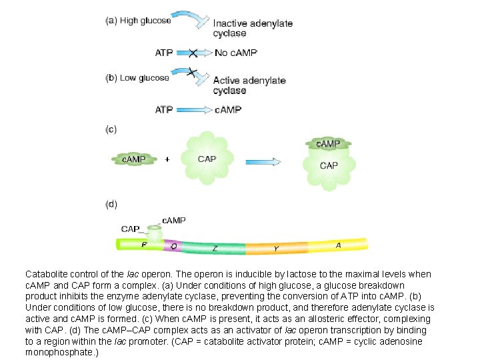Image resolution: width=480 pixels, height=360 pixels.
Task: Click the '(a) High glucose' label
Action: [137, 21]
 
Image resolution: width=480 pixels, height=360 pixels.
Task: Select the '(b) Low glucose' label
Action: [137, 78]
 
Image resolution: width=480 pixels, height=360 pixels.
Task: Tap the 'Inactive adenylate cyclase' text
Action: [253, 28]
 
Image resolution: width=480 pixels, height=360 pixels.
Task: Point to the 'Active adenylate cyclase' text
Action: [249, 85]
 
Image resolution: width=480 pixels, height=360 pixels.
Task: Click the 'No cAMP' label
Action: [235, 52]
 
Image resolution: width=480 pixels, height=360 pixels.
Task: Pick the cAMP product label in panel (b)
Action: [228, 109]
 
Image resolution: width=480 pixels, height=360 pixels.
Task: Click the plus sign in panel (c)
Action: [167, 159]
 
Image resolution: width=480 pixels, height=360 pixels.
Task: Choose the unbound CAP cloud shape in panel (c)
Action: [207, 159]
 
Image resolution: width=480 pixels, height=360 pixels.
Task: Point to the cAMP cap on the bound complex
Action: [327, 143]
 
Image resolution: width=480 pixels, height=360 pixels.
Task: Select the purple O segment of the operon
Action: [173, 246]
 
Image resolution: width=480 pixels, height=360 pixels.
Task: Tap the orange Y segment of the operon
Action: [275, 249]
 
